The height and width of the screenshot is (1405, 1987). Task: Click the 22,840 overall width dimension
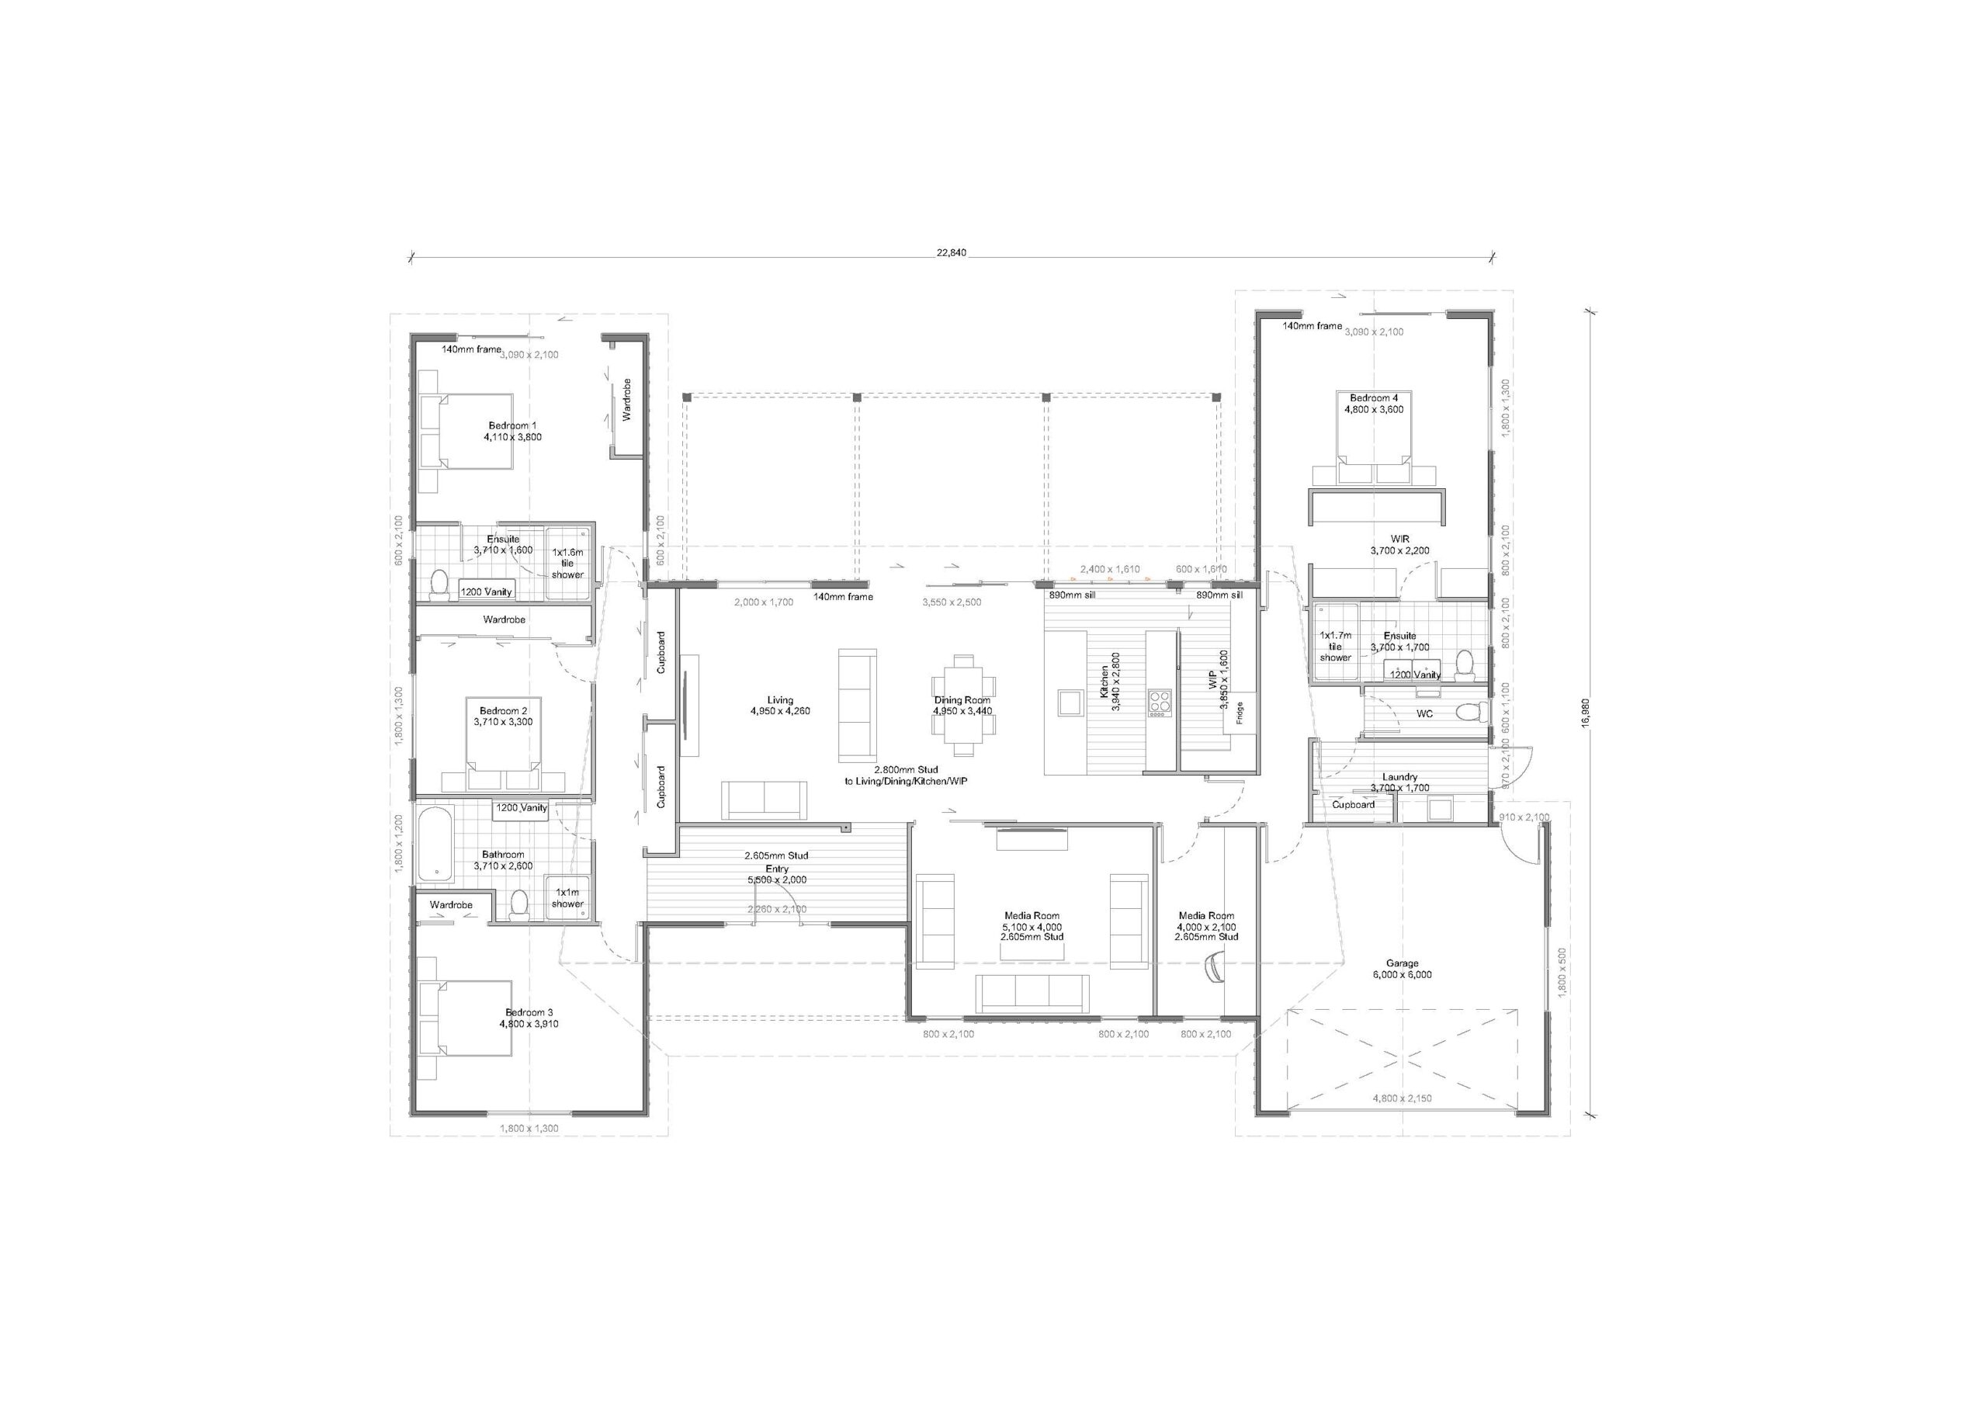pyautogui.click(x=951, y=253)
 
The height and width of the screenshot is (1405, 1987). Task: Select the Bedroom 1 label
pyautogui.click(x=512, y=431)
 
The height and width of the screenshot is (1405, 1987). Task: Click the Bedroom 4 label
pyautogui.click(x=1373, y=404)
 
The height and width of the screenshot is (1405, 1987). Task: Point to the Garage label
pyautogui.click(x=1402, y=969)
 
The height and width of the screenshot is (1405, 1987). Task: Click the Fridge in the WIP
pyautogui.click(x=1240, y=713)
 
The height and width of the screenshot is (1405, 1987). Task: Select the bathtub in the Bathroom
pyautogui.click(x=435, y=842)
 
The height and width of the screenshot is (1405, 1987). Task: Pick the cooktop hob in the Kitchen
pyautogui.click(x=1160, y=702)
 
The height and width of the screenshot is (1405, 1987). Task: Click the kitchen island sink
pyautogui.click(x=1069, y=701)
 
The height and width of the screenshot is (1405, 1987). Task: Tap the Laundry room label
pyautogui.click(x=1399, y=782)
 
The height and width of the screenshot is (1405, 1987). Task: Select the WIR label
pyautogui.click(x=1399, y=544)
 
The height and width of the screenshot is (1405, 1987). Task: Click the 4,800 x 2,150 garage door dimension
pyautogui.click(x=1402, y=1098)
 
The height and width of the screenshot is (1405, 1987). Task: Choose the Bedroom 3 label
pyautogui.click(x=529, y=1018)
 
